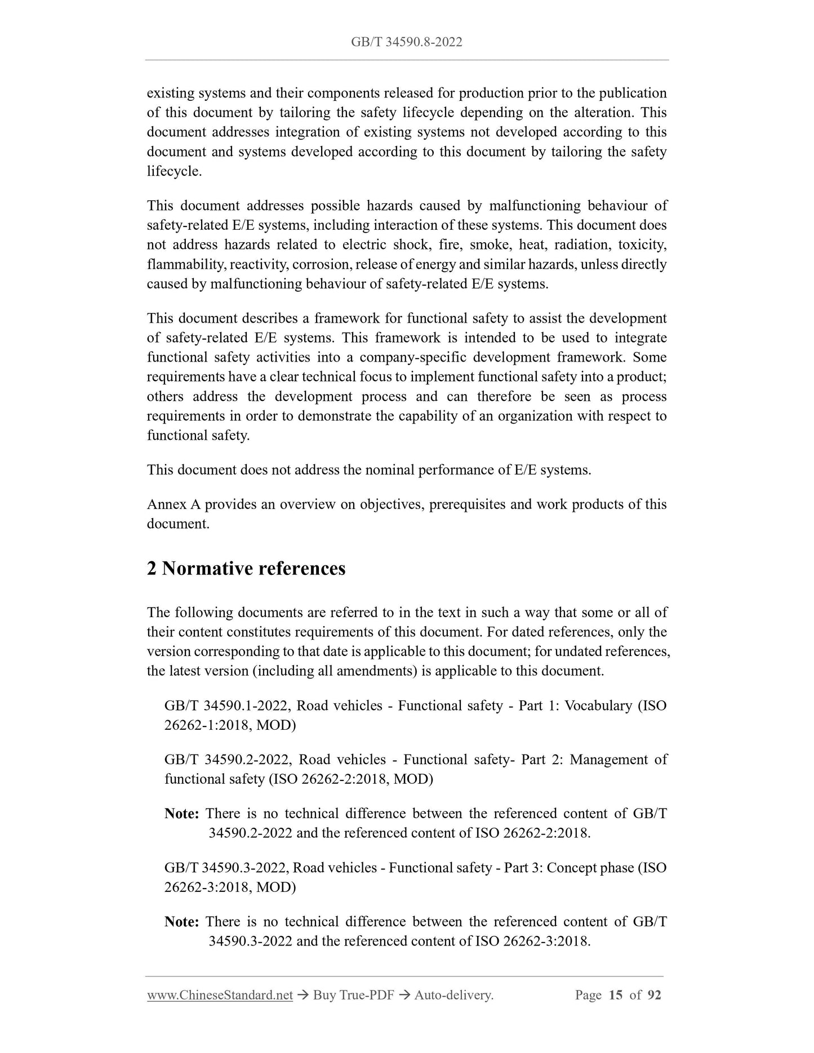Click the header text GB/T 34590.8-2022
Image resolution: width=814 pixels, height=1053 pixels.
tap(406, 42)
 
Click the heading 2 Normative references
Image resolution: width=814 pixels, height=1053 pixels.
tap(246, 569)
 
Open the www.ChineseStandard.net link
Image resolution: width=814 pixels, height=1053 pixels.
tap(220, 995)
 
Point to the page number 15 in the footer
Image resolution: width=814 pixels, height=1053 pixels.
tap(616, 995)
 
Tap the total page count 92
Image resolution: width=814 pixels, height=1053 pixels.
tap(654, 995)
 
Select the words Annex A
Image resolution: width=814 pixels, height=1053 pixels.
tap(174, 504)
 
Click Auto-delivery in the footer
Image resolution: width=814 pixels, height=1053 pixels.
tap(453, 995)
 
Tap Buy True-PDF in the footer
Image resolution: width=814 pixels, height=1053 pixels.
tap(353, 995)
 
